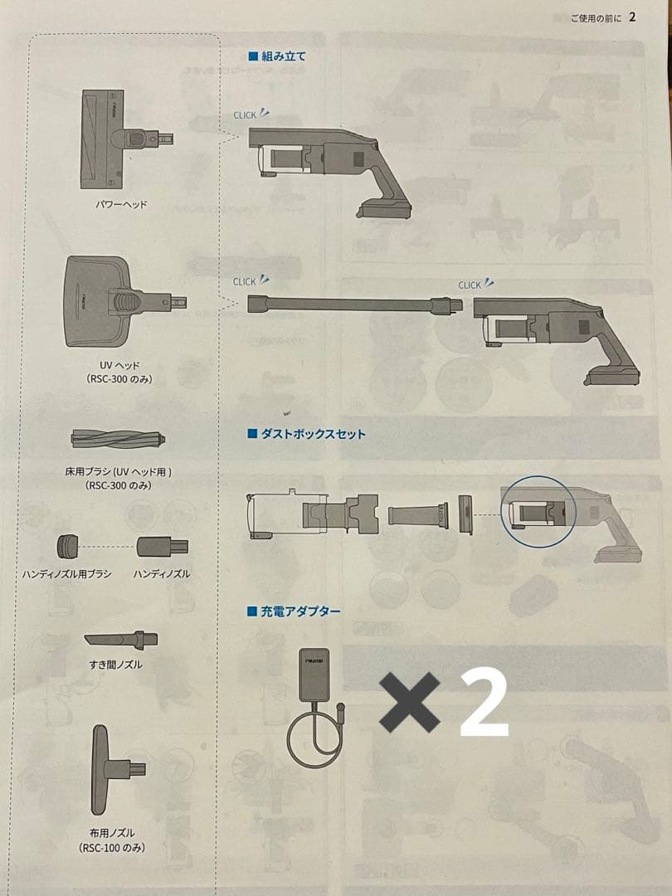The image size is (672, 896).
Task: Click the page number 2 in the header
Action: [x=632, y=17]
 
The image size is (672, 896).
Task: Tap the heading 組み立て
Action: [x=284, y=56]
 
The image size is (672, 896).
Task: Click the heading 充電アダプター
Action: [x=301, y=611]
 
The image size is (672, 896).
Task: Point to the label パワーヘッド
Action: [x=122, y=203]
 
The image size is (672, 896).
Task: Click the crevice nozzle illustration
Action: [x=121, y=640]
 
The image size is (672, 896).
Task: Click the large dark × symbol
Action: [x=411, y=702]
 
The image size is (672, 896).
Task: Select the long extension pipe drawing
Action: [x=353, y=305]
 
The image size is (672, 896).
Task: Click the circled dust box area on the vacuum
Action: [x=538, y=510]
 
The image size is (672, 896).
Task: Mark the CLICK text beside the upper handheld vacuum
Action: [x=246, y=115]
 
